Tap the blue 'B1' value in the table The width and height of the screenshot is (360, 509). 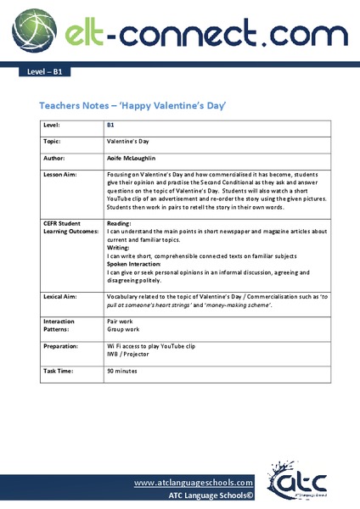click(110, 126)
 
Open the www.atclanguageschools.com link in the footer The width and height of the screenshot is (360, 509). click(194, 481)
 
